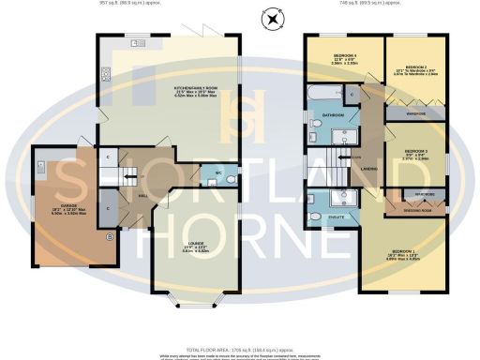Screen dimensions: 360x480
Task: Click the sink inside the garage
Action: (43, 167)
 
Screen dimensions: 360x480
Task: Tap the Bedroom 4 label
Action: (343, 59)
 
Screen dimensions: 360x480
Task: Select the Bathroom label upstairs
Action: (334, 114)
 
